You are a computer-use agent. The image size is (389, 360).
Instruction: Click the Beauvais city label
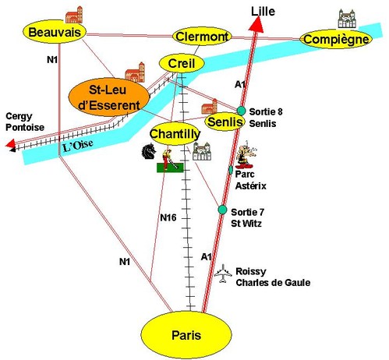(55, 32)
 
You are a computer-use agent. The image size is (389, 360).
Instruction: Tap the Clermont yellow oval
(202, 37)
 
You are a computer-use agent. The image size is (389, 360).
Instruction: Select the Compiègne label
(336, 40)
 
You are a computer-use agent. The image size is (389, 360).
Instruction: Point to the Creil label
(182, 64)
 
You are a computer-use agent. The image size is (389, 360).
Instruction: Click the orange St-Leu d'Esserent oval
(109, 97)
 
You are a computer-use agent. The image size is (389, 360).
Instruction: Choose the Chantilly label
(175, 134)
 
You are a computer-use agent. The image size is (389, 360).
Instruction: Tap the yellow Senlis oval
(225, 122)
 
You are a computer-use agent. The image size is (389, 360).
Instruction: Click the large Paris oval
(186, 335)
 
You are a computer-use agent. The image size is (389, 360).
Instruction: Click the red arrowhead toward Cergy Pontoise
(11, 143)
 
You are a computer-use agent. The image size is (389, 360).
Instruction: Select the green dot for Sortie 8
(241, 111)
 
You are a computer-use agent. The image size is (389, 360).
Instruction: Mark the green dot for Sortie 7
(222, 210)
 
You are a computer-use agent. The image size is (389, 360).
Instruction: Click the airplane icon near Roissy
(223, 274)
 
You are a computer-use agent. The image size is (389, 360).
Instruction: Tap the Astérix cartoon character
(246, 155)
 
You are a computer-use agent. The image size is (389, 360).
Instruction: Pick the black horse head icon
(149, 151)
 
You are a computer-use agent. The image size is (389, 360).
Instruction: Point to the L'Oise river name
(78, 146)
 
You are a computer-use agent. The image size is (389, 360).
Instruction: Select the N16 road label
(168, 217)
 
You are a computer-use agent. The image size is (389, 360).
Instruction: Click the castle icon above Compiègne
(347, 19)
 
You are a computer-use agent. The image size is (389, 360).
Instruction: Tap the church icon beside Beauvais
(74, 15)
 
